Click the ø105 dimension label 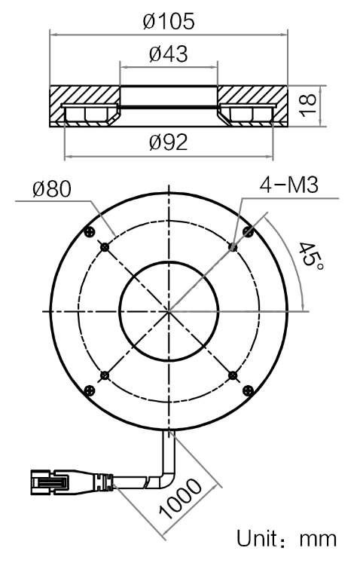tap(169, 21)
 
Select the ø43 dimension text tap(169, 54)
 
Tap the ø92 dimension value tap(169, 142)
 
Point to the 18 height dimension tap(309, 106)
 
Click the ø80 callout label tap(52, 189)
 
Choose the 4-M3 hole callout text tap(289, 185)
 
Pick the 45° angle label tap(310, 255)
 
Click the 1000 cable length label tap(180, 498)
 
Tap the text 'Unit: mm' tap(286, 539)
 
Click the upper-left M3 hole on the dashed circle tap(105, 247)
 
